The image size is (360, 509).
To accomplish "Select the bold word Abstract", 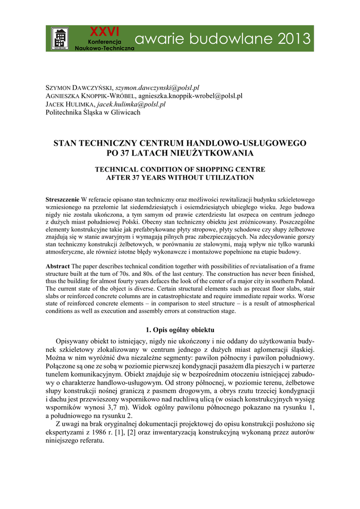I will (x=58, y=266).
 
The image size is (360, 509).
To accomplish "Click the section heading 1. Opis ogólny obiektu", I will (x=180, y=330).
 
